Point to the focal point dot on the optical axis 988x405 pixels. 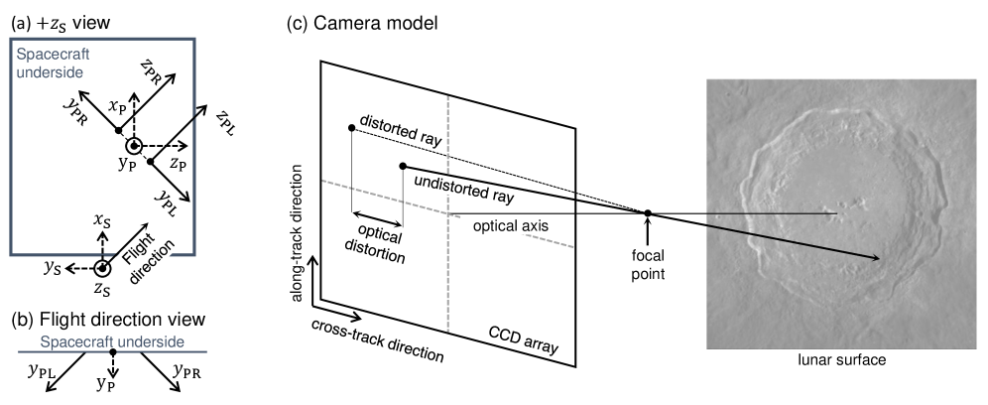647,213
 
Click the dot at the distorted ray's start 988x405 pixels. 352,128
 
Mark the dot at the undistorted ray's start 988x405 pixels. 402,167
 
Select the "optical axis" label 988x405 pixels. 512,225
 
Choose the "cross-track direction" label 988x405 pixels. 376,340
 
